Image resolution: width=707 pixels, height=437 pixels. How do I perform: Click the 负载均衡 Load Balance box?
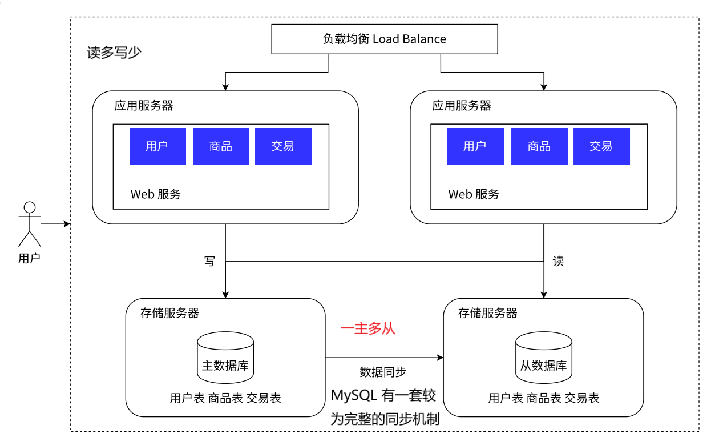click(384, 39)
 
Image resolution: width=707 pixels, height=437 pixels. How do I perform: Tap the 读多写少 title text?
click(114, 53)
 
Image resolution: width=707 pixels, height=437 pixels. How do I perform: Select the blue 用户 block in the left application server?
click(157, 146)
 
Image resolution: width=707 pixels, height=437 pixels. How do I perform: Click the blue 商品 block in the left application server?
click(221, 146)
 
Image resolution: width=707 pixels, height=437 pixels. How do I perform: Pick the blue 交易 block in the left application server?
click(283, 146)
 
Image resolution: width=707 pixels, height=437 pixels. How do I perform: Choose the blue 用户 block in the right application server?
click(475, 146)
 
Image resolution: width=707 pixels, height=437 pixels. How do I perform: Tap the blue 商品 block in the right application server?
click(539, 146)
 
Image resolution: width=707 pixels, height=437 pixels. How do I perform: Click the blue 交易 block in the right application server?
click(601, 146)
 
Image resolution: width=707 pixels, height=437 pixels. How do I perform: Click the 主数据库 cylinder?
click(225, 358)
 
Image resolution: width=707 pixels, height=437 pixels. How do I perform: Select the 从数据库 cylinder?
click(543, 358)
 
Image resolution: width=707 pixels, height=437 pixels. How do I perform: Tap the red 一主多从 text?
click(367, 329)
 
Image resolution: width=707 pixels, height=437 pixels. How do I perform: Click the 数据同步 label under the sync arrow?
click(383, 372)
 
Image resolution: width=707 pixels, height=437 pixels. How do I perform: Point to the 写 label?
click(209, 261)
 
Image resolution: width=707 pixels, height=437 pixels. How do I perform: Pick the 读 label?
click(558, 262)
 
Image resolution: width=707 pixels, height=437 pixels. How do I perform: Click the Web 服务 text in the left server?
click(155, 194)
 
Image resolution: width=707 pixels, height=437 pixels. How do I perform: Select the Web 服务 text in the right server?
click(474, 194)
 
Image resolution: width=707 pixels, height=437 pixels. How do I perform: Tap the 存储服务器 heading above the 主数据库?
click(169, 313)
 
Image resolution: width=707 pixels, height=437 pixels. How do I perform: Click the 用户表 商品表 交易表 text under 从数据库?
click(543, 398)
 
